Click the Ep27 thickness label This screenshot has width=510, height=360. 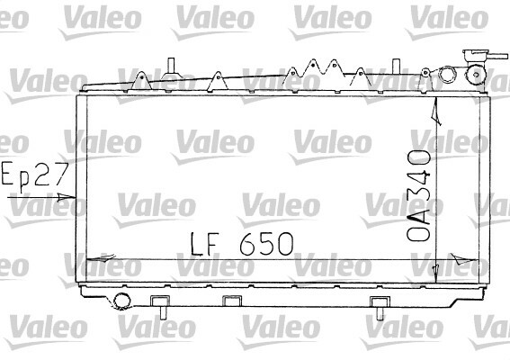click(35, 175)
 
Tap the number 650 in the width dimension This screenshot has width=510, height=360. click(266, 244)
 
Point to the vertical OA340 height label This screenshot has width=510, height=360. click(418, 195)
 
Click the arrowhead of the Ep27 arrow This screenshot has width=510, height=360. click(67, 196)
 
